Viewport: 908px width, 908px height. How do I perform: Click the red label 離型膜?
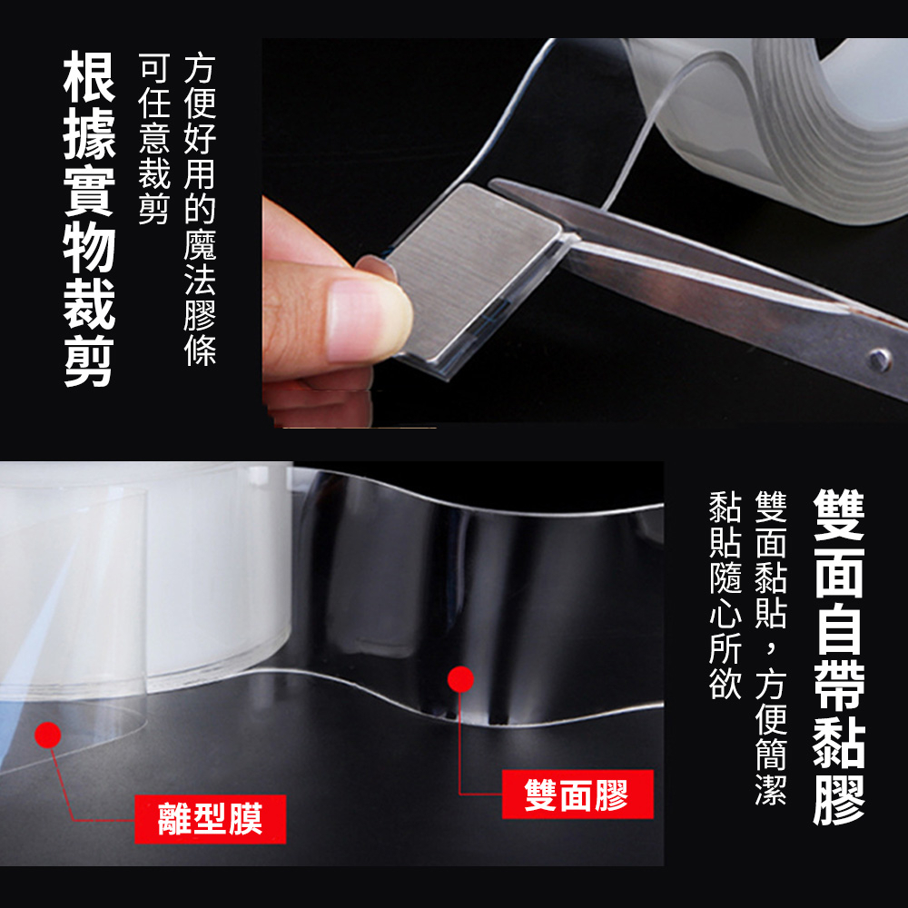[211, 819]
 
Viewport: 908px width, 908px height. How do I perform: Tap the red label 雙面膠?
[577, 794]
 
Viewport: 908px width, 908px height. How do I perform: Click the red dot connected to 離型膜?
[47, 735]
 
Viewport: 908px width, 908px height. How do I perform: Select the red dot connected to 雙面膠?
[460, 678]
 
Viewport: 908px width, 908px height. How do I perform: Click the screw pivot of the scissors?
[879, 360]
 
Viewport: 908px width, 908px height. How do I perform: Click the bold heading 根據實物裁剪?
[89, 219]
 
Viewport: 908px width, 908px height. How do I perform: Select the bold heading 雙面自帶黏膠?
[838, 657]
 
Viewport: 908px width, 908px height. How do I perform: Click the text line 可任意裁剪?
[154, 138]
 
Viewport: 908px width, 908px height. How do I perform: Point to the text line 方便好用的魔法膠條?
[200, 211]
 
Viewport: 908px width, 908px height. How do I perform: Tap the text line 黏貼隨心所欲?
[725, 596]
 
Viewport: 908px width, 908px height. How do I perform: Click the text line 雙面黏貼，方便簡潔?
[771, 648]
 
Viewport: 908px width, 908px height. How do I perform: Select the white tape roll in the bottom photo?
[144, 579]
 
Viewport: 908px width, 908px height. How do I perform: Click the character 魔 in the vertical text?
[200, 245]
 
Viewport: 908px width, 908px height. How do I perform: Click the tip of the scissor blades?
[492, 183]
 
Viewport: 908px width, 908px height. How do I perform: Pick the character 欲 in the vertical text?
[725, 684]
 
